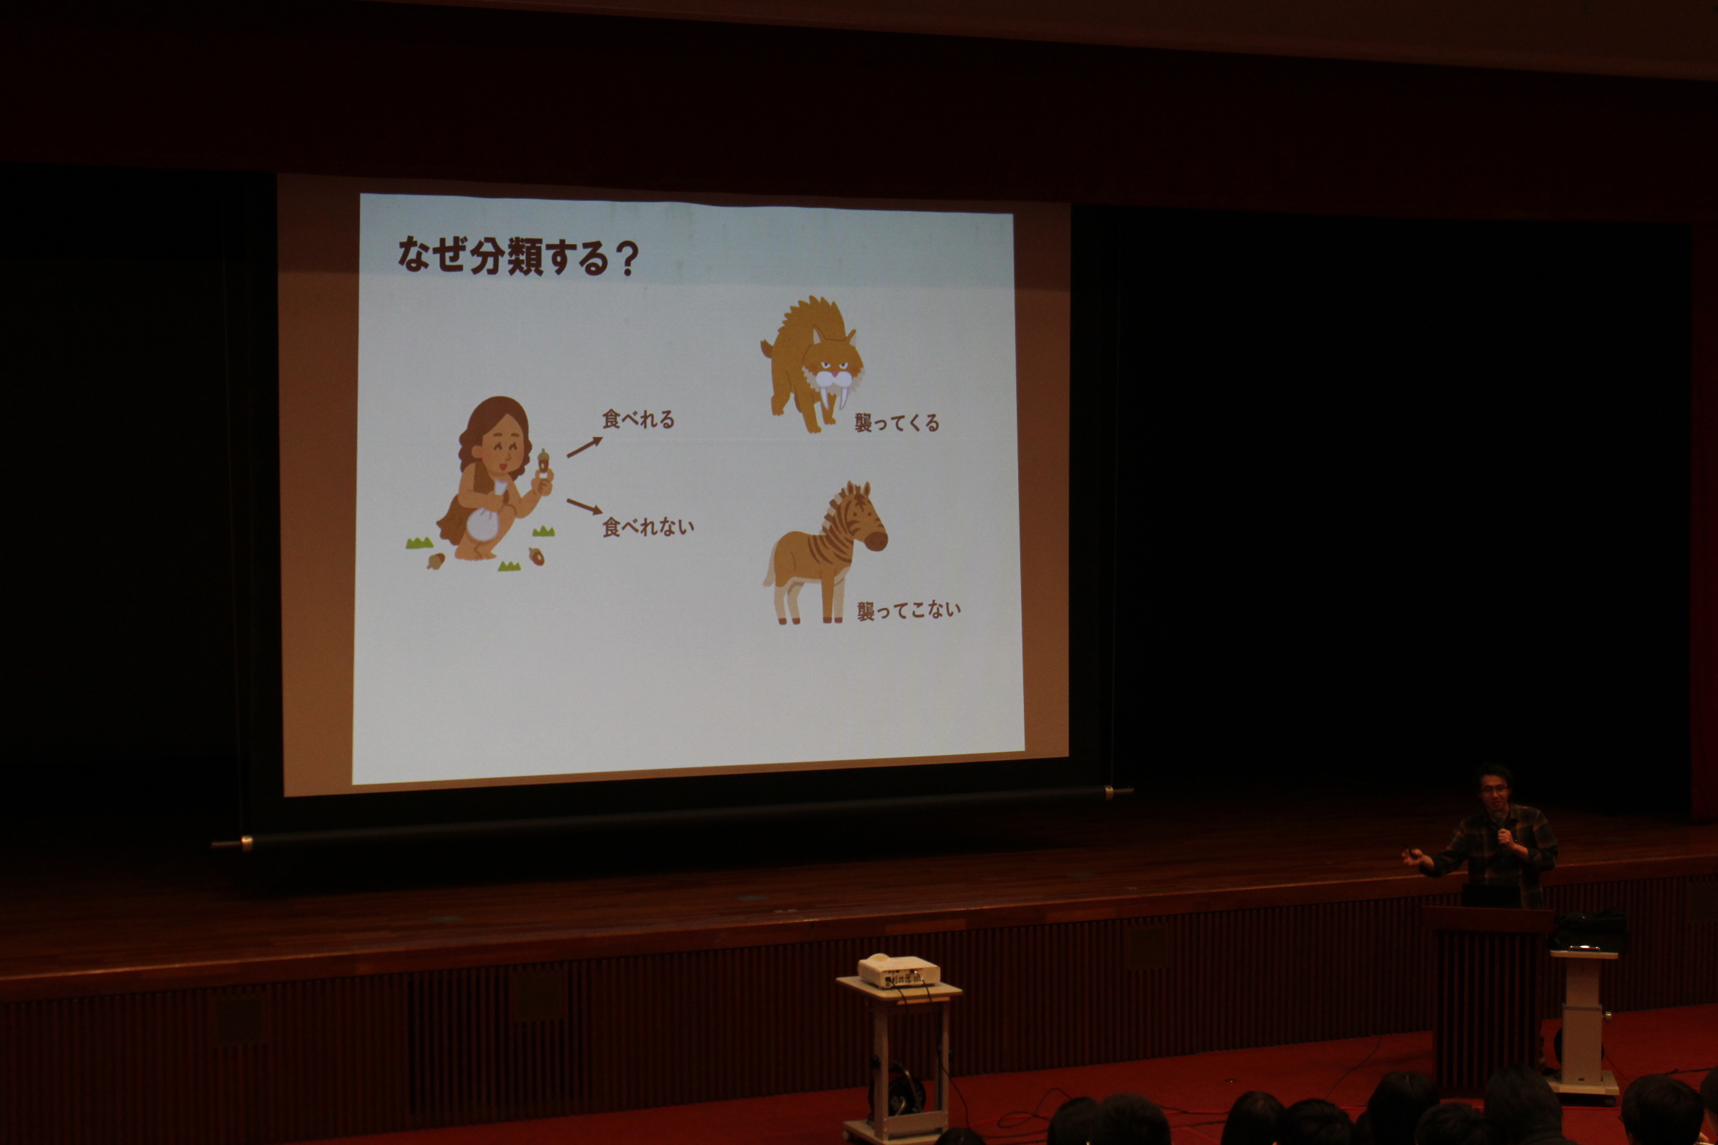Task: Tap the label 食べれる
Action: pyautogui.click(x=638, y=419)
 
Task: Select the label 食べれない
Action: pyautogui.click(x=647, y=526)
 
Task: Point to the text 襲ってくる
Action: pyautogui.click(x=897, y=422)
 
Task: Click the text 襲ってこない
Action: pyautogui.click(x=909, y=610)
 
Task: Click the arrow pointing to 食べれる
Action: pyautogui.click(x=585, y=447)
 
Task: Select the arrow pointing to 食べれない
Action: pyautogui.click(x=585, y=506)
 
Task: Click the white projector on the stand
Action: pyautogui.click(x=898, y=971)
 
